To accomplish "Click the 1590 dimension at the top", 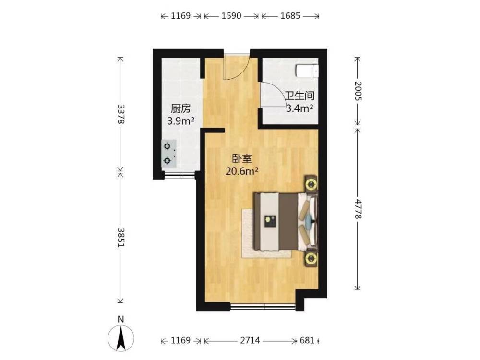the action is pyautogui.click(x=231, y=16).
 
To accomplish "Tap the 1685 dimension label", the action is pyautogui.click(x=290, y=16).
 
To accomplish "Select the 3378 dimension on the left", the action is pyautogui.click(x=121, y=114).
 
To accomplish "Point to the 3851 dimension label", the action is pyautogui.click(x=121, y=237).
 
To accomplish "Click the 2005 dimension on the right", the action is pyautogui.click(x=358, y=91).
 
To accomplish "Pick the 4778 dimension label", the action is pyautogui.click(x=358, y=209).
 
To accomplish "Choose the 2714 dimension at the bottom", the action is pyautogui.click(x=250, y=340).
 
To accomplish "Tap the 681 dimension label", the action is pyautogui.click(x=307, y=340).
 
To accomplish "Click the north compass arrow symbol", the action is pyautogui.click(x=121, y=338).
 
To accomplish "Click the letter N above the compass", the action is pyautogui.click(x=121, y=319).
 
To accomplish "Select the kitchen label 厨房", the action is pyautogui.click(x=180, y=108).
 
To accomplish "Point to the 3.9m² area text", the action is pyautogui.click(x=180, y=121).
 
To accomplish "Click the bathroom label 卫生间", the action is pyautogui.click(x=300, y=96).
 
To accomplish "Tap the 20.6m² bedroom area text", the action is pyautogui.click(x=242, y=171).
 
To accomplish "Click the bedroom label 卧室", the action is pyautogui.click(x=242, y=159).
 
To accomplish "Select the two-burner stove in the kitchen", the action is pyautogui.click(x=169, y=154).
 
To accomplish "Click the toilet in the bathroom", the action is pyautogui.click(x=307, y=71).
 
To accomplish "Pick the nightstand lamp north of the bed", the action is pyautogui.click(x=312, y=184).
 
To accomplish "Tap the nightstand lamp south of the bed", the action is pyautogui.click(x=312, y=259).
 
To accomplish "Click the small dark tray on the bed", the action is pyautogui.click(x=270, y=221).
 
